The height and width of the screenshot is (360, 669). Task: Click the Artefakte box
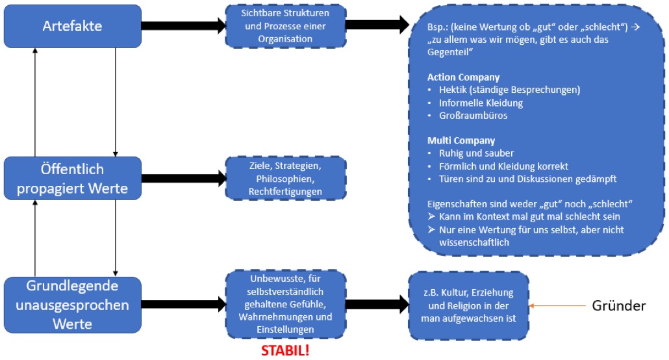tap(72, 26)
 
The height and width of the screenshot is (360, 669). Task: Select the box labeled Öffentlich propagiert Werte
tap(72, 178)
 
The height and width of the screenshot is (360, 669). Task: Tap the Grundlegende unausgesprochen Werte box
tap(72, 305)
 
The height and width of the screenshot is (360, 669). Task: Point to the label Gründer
tap(619, 305)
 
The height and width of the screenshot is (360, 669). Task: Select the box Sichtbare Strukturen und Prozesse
tap(285, 26)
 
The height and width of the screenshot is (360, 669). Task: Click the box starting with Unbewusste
tap(285, 305)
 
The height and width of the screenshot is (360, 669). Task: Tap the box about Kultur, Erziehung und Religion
tap(468, 305)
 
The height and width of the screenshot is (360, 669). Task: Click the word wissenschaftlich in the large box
tap(468, 242)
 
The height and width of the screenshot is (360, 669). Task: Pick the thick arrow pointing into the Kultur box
tap(376, 305)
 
